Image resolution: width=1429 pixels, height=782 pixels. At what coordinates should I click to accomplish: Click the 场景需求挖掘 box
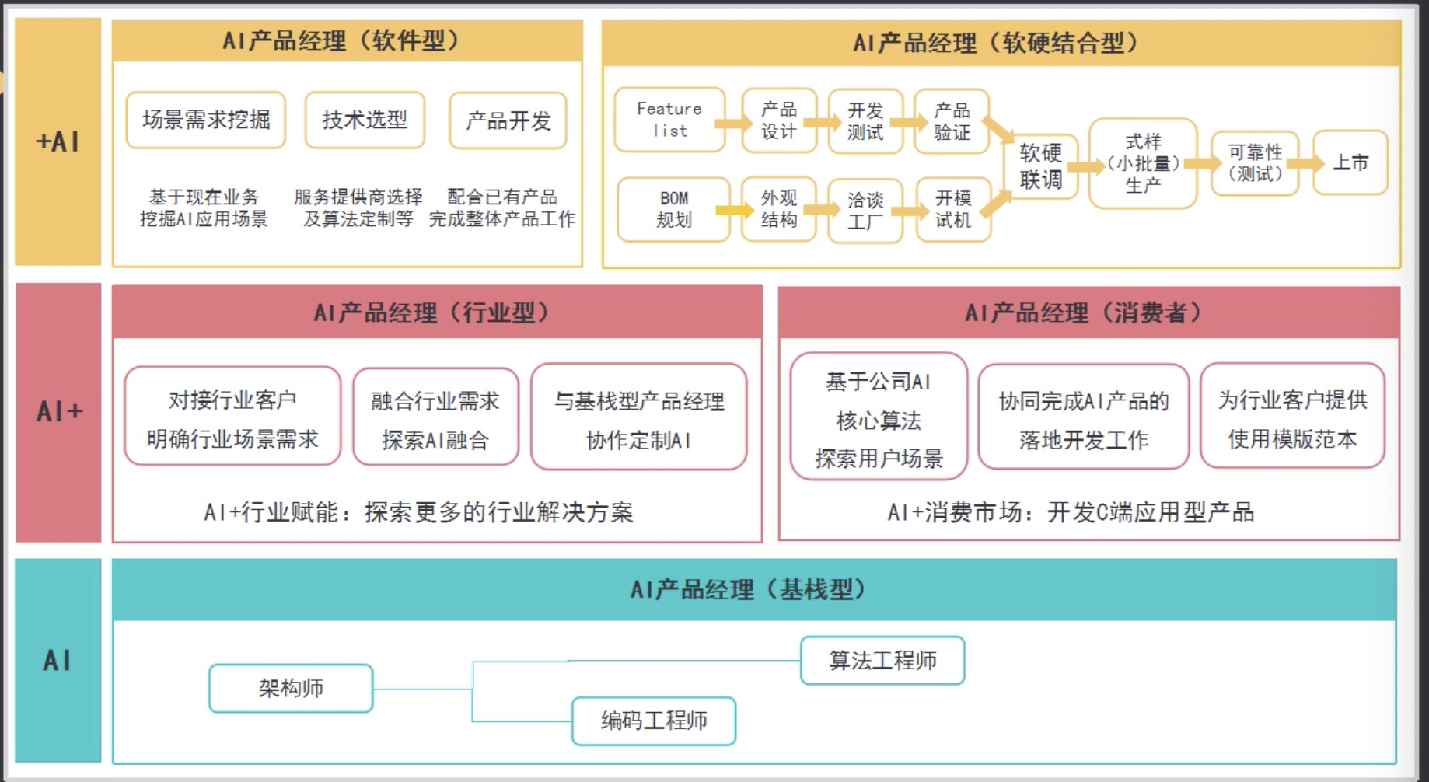click(206, 120)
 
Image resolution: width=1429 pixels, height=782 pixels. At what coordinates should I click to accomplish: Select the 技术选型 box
click(365, 120)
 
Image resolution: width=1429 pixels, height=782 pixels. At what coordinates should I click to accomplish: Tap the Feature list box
click(669, 120)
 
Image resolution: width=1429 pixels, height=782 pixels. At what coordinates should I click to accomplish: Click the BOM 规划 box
click(673, 209)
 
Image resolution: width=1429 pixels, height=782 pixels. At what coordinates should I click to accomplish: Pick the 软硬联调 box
click(1040, 166)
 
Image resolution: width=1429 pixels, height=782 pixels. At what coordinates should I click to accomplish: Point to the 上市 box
click(1350, 162)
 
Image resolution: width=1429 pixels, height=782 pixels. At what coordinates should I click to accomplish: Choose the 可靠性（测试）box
click(1255, 162)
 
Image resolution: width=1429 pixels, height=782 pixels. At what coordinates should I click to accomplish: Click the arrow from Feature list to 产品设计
click(733, 123)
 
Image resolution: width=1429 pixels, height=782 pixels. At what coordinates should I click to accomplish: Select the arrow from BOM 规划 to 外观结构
click(735, 210)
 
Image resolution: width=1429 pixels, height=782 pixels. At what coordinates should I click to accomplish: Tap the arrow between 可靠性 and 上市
click(1305, 163)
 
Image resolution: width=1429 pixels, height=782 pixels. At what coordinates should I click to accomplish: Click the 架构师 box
click(291, 688)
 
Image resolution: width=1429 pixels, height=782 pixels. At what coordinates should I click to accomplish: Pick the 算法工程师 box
click(882, 661)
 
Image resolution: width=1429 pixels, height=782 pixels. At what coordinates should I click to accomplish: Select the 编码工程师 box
click(654, 721)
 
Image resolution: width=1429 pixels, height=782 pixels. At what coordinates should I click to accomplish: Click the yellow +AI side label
click(58, 141)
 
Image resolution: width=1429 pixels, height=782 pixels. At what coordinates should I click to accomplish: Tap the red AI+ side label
click(58, 411)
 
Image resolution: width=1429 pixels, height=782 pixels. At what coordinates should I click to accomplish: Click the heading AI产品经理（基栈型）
click(747, 590)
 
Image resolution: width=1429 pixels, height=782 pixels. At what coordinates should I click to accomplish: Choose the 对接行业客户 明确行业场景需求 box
click(232, 418)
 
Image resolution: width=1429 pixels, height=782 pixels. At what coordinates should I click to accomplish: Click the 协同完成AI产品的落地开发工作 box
click(1083, 420)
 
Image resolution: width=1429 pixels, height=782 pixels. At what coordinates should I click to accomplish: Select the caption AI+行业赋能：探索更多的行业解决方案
click(418, 512)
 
